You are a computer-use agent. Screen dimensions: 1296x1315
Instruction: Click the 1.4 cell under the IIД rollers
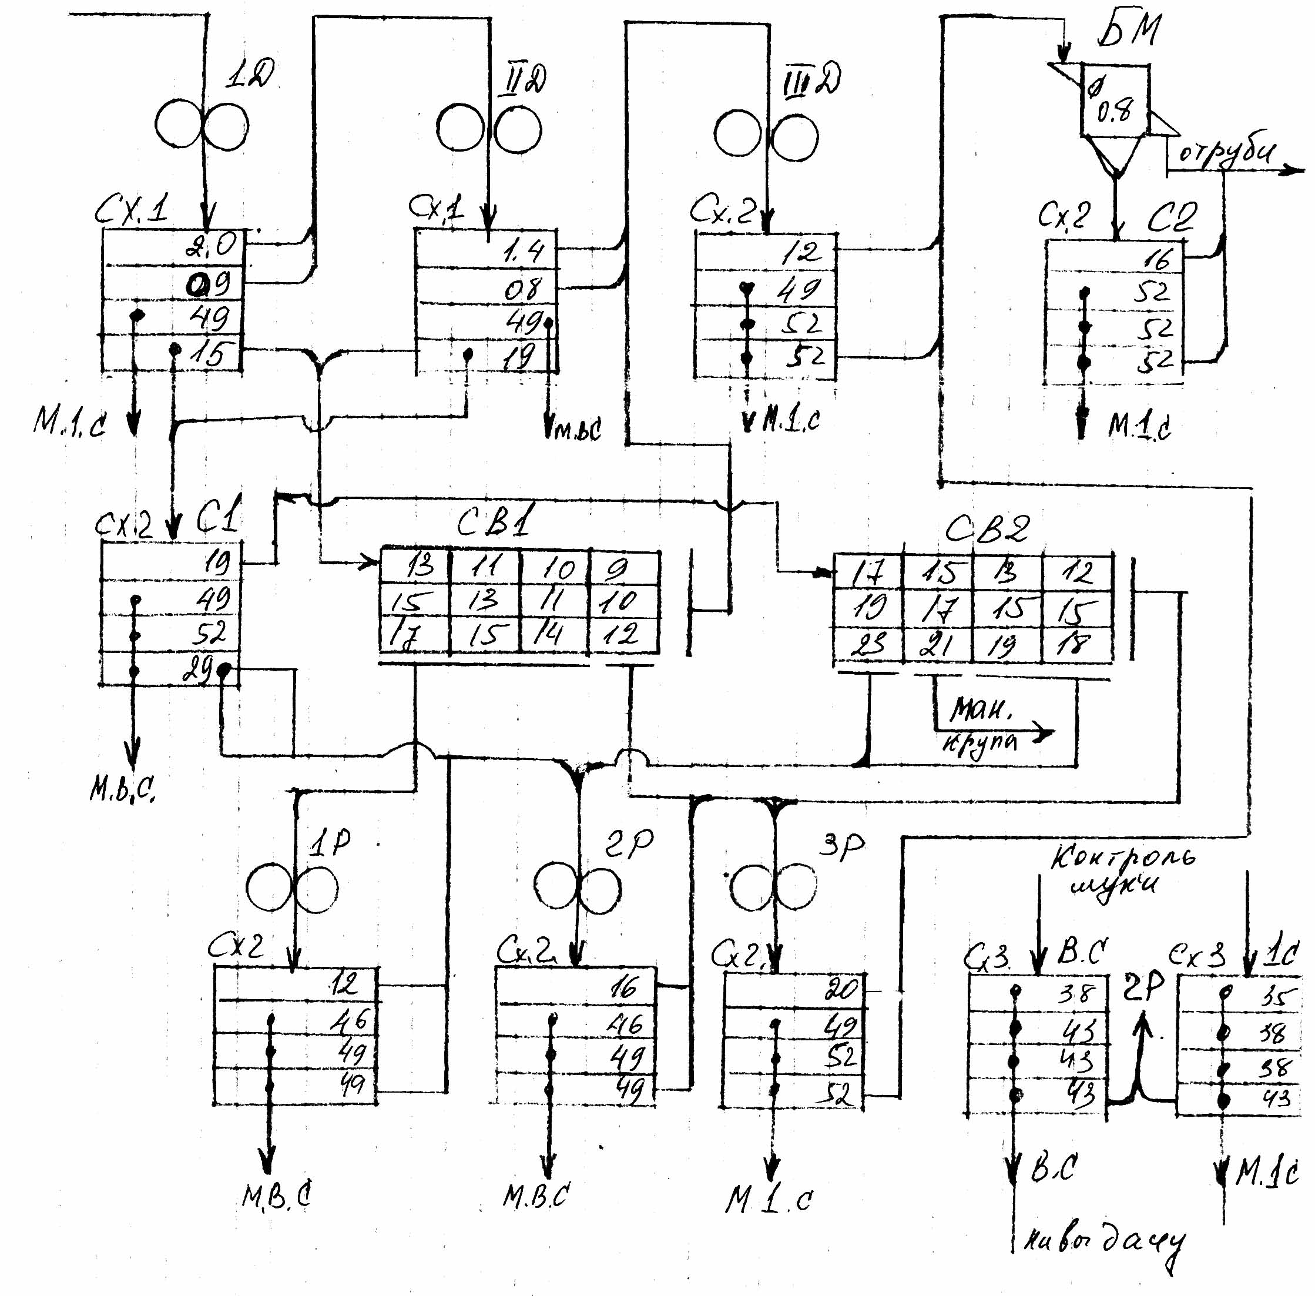[x=524, y=252]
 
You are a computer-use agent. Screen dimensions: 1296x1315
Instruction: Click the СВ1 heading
[x=495, y=521]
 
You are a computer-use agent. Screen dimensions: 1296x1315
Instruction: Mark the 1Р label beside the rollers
[x=330, y=845]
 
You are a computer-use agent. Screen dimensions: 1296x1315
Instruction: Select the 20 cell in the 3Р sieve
[x=840, y=989]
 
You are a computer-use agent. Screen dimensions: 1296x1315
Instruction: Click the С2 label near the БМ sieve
[x=1172, y=218]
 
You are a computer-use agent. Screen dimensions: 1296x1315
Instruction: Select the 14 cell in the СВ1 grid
[x=548, y=634]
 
